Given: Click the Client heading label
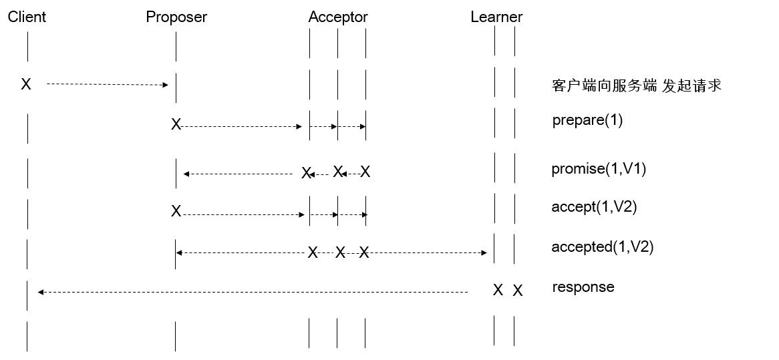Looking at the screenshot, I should click(27, 17).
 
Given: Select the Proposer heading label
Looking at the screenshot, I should click(176, 17).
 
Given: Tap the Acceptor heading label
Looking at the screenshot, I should click(338, 17).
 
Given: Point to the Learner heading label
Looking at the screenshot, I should click(496, 17).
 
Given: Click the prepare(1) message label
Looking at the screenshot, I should click(587, 121).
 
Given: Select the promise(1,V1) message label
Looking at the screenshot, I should click(599, 169).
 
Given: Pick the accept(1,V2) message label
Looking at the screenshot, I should click(594, 207).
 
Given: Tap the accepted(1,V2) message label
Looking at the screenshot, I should click(602, 247).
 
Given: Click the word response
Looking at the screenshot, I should click(583, 287).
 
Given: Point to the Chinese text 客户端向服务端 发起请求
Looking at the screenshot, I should click(637, 85).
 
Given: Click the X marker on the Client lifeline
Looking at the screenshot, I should click(26, 84).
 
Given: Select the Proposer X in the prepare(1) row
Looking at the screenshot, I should click(176, 125).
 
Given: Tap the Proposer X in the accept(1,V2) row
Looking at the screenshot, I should click(176, 212).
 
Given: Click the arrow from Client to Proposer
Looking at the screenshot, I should click(107, 84).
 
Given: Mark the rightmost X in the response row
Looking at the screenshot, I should click(518, 291).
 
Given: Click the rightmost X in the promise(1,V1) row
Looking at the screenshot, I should click(365, 172).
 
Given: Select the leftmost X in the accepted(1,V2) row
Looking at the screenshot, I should click(312, 252).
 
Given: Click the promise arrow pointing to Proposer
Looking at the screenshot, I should click(238, 174).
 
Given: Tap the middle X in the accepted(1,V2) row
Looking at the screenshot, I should click(340, 252).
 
